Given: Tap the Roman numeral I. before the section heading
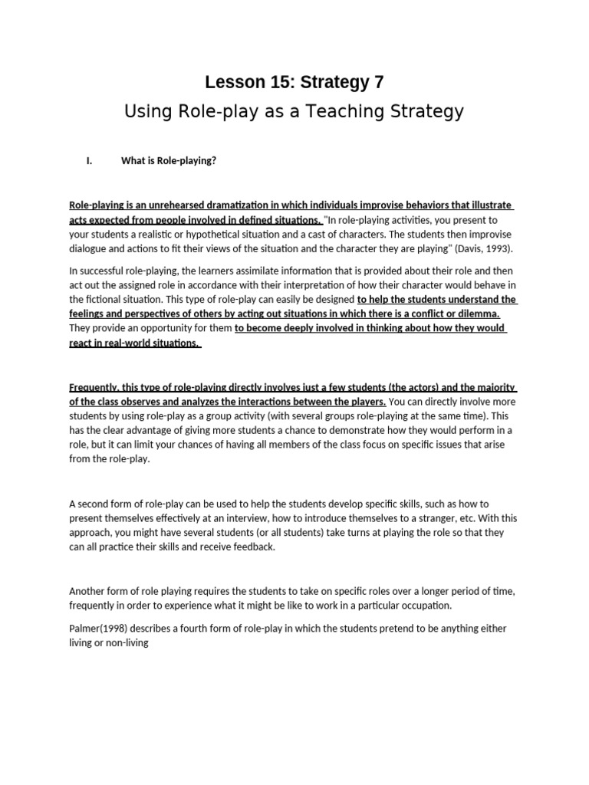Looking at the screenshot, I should coord(89,161).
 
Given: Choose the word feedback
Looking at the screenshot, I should coord(253,547).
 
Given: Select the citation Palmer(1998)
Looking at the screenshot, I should coord(98,629).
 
